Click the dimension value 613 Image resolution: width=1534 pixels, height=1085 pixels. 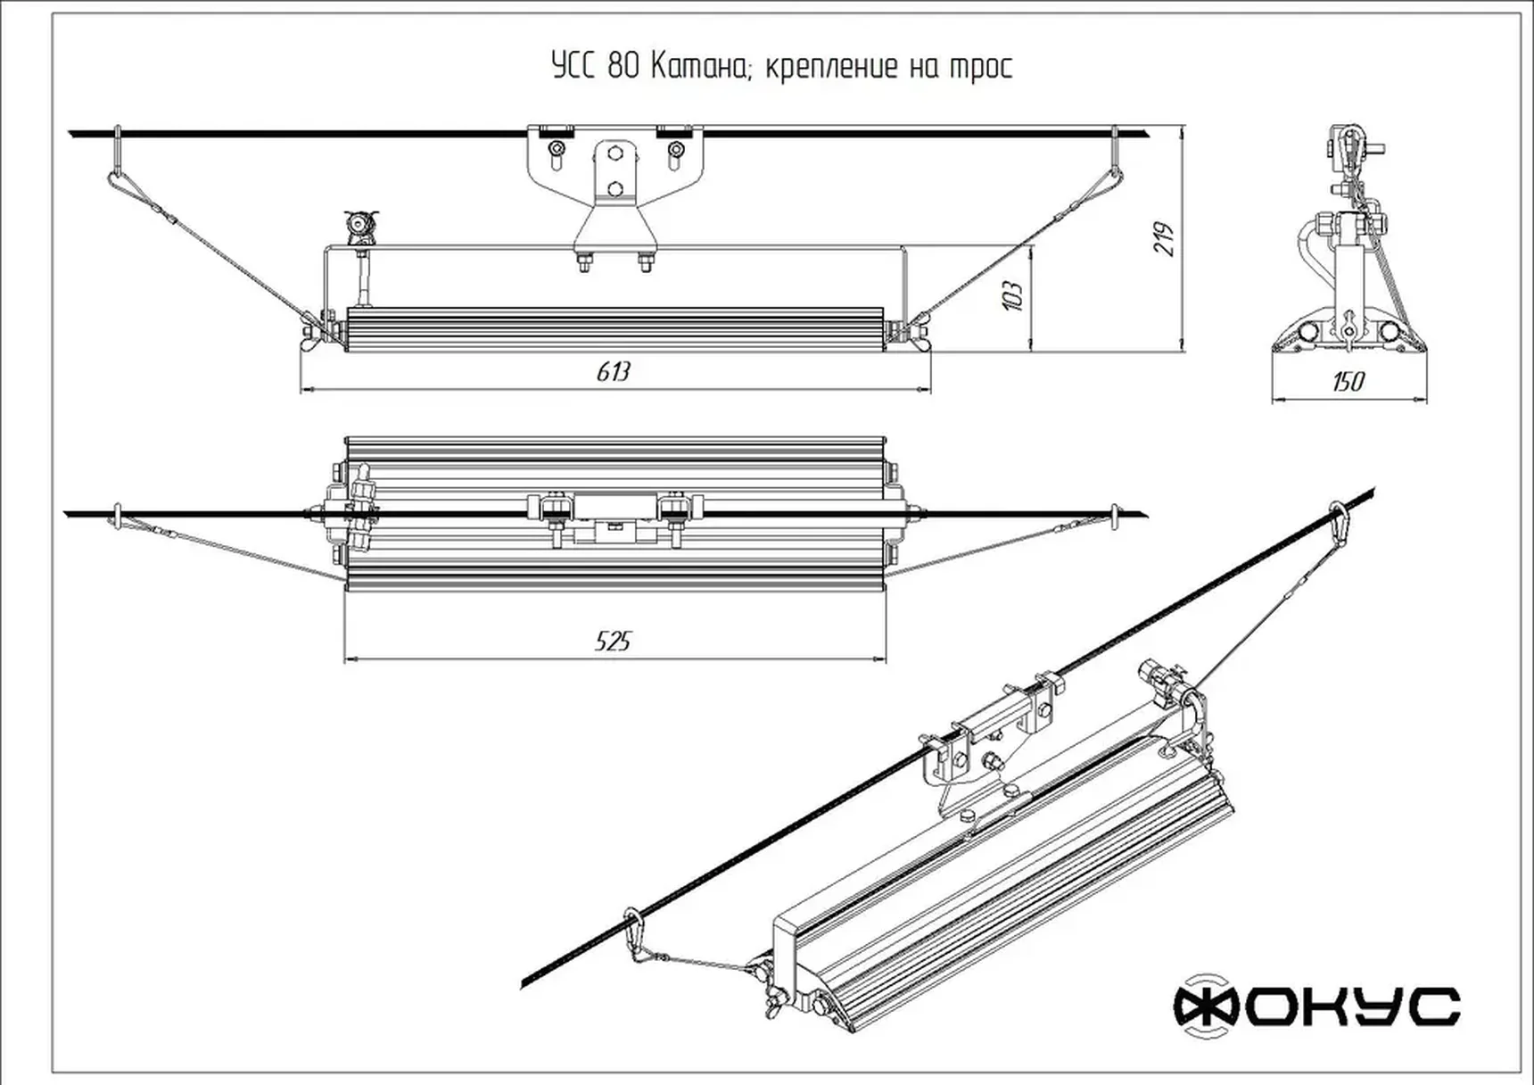point(613,372)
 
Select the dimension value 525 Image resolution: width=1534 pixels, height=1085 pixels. point(613,641)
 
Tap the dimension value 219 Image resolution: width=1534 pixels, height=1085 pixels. point(1164,239)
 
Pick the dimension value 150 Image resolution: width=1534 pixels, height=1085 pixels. point(1347,382)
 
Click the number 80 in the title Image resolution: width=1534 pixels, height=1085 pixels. point(623,66)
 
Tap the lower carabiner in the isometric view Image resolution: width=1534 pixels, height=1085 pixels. point(634,932)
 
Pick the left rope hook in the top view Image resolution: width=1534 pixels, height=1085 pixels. point(116,516)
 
